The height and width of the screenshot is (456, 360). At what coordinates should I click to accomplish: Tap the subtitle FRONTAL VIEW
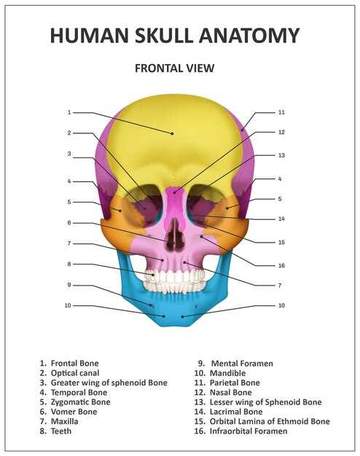point(175,68)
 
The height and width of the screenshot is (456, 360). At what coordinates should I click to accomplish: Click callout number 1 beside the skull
point(69,112)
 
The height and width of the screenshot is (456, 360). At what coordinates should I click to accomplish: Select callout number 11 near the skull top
point(281,112)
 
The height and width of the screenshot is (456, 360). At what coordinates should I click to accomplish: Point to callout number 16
point(281,266)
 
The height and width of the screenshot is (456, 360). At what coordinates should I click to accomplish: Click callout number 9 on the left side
point(69,285)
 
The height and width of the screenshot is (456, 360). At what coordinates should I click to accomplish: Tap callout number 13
point(281,155)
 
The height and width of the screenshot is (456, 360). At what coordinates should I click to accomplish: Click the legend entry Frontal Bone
point(69,363)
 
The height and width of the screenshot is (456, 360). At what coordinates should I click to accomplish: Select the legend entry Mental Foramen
point(235,363)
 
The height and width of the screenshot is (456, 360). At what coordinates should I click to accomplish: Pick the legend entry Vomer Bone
point(69,412)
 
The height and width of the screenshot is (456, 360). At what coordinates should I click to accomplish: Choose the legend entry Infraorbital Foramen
point(241,431)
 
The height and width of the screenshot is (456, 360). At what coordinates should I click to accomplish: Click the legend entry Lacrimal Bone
point(228,412)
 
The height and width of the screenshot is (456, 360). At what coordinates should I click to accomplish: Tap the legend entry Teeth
point(55,431)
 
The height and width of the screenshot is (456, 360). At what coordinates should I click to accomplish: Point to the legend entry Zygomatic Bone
point(75,402)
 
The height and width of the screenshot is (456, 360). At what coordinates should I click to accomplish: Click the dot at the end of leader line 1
point(172,133)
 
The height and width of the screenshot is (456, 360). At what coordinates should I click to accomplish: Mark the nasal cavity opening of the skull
point(176,234)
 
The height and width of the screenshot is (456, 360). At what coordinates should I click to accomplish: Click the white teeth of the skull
point(174,280)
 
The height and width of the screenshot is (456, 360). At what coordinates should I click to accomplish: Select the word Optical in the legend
point(63,373)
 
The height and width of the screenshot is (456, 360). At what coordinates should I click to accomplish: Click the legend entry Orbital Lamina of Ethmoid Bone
point(262,421)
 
